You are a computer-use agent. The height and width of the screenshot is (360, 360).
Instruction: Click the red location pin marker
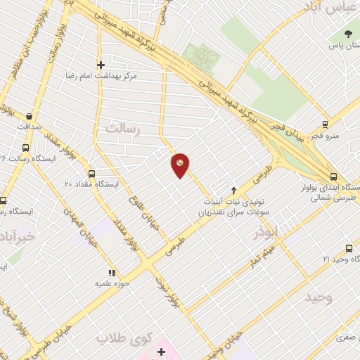181,165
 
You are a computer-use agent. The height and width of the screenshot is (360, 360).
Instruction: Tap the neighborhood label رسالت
123,129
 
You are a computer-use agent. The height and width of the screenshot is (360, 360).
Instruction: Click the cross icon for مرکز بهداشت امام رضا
101,64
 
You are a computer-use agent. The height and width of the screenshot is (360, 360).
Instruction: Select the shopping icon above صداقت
29,117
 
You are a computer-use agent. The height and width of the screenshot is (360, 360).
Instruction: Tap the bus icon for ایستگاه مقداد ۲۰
91,173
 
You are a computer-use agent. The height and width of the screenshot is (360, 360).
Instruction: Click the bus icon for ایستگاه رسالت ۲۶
26,148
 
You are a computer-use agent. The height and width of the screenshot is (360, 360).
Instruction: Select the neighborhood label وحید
318,297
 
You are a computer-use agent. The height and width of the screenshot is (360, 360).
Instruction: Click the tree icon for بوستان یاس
348,34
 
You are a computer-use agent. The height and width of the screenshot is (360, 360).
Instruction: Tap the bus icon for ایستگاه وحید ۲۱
349,248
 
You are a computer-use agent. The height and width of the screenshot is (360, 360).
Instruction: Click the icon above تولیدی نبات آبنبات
234,190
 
